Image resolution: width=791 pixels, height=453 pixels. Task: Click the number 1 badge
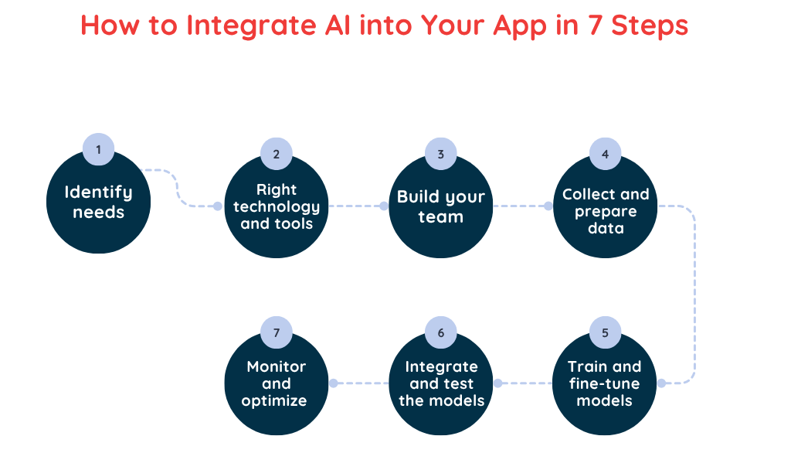coord(98,149)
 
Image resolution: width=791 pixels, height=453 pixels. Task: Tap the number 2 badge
coord(277,154)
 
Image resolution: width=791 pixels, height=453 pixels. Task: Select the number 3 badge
coord(441,154)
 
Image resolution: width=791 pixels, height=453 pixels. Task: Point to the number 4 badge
coord(605,154)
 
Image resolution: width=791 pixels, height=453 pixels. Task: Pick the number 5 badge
coord(605,333)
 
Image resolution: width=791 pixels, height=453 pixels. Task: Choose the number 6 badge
coord(441,333)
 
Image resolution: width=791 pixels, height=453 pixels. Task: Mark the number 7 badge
coord(277,333)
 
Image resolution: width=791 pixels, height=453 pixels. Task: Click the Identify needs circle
coord(98,203)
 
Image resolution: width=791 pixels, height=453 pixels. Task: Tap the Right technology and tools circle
coord(277,207)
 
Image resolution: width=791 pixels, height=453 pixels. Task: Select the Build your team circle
coord(441,207)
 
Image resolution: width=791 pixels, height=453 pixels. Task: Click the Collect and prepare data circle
coord(605,207)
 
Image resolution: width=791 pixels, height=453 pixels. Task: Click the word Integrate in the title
coord(249,26)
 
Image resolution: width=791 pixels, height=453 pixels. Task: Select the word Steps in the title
coord(649,26)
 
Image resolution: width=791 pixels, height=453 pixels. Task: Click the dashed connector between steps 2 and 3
coord(355,206)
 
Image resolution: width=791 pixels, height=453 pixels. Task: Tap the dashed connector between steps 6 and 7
coord(361,383)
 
